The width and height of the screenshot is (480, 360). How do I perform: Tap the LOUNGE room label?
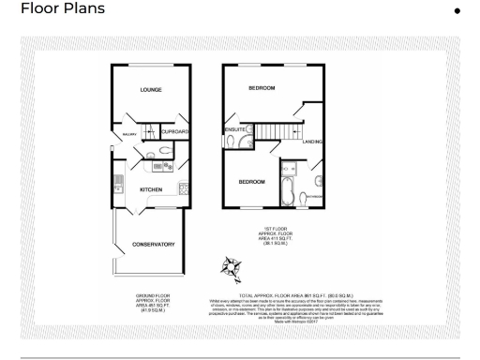point(151,90)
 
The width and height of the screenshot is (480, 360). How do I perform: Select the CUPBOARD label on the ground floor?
point(175,132)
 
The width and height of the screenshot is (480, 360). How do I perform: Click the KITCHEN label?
point(152,189)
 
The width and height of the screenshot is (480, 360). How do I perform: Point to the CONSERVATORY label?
point(153,245)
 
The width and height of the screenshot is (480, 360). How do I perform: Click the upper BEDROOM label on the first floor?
point(262,88)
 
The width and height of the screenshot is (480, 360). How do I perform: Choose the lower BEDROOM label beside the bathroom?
point(251,181)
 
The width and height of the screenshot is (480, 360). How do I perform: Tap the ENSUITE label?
point(234,128)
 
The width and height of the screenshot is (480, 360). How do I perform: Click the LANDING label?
point(313,142)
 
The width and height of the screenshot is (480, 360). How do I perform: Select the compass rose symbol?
point(229,268)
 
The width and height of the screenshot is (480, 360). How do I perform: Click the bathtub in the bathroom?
point(287,192)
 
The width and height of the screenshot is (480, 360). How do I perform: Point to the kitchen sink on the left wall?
point(117,182)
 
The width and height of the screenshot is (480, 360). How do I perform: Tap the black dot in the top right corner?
point(457,10)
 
